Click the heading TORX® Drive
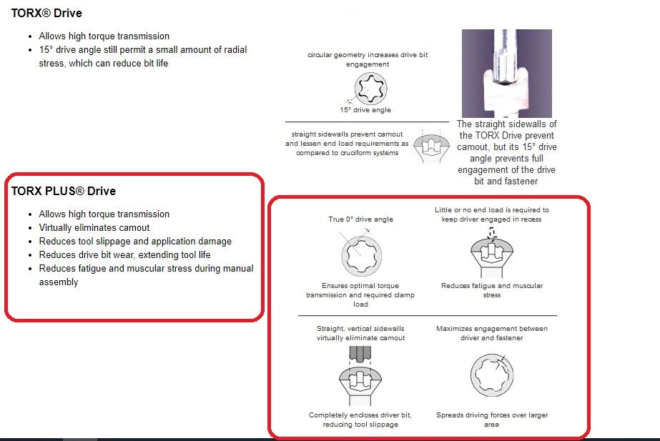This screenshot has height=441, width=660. point(46,13)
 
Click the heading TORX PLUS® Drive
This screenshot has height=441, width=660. point(64,191)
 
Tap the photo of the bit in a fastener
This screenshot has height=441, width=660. point(507,73)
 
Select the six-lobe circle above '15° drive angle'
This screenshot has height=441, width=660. point(371,88)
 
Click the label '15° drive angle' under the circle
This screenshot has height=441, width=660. point(365,110)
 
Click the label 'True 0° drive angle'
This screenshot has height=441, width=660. point(360,219)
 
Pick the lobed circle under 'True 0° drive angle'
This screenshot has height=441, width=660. point(362,256)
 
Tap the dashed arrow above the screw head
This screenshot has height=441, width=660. point(492,233)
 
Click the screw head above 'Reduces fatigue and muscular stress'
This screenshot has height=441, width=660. point(492,257)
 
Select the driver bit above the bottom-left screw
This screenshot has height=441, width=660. point(360,354)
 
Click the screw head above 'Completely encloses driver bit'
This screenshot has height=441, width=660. point(360,386)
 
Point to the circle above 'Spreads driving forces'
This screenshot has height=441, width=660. point(492,375)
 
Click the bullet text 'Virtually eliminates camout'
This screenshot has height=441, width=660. point(94,228)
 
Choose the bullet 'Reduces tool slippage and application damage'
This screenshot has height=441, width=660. point(135,241)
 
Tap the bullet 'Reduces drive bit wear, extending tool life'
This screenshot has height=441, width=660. point(124,254)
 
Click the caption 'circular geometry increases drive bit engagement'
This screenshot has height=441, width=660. point(368,59)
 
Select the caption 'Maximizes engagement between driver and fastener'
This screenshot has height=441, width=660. point(492,333)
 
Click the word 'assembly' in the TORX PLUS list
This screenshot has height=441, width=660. point(59,282)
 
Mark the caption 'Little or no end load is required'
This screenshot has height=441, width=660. point(492,214)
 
